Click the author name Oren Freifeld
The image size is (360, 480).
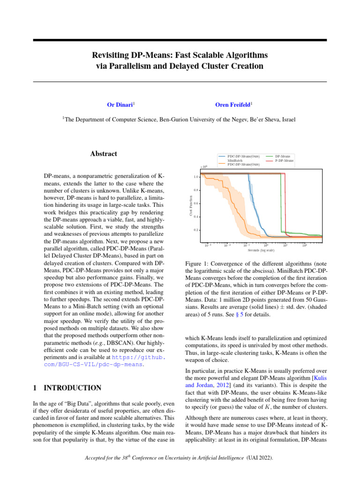coord(233,105)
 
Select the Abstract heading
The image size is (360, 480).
coord(103,154)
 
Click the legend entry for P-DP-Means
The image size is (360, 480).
coord(284,160)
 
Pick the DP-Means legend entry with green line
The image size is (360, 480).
coord(283,156)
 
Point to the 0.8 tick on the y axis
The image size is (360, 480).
coord(196,190)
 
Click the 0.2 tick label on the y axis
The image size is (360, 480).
coord(196,230)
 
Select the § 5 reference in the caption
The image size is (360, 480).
coord(250,314)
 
